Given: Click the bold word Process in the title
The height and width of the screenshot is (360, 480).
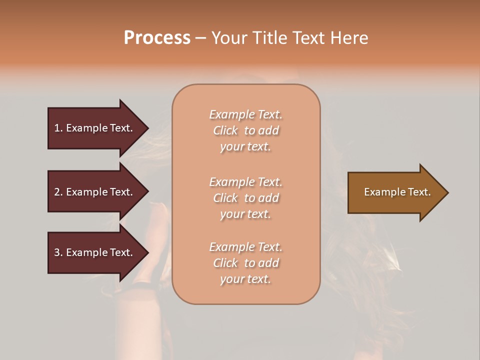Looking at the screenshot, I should click(x=157, y=37).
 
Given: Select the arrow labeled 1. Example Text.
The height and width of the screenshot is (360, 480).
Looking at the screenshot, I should click(x=95, y=128).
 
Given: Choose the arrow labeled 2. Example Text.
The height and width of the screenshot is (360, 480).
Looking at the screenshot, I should click(x=95, y=192).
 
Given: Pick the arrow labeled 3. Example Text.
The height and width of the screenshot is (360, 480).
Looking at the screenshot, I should click(x=95, y=252).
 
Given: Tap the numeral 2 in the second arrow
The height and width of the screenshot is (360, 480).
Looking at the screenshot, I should click(x=57, y=192).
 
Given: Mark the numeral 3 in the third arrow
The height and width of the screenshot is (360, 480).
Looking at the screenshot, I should click(x=57, y=252).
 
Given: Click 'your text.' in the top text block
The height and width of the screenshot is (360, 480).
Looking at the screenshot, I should click(x=245, y=147).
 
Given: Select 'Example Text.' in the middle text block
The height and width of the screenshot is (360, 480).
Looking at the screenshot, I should click(x=245, y=181).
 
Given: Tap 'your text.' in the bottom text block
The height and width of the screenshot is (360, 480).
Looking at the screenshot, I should click(x=245, y=279).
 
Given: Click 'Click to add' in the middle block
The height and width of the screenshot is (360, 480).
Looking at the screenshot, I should click(x=245, y=198).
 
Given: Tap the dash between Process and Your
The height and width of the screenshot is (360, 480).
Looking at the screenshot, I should click(x=200, y=38).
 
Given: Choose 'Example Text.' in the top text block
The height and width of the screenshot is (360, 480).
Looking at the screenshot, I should click(x=245, y=114).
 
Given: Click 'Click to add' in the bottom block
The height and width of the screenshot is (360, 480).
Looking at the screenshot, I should click(x=245, y=263).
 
